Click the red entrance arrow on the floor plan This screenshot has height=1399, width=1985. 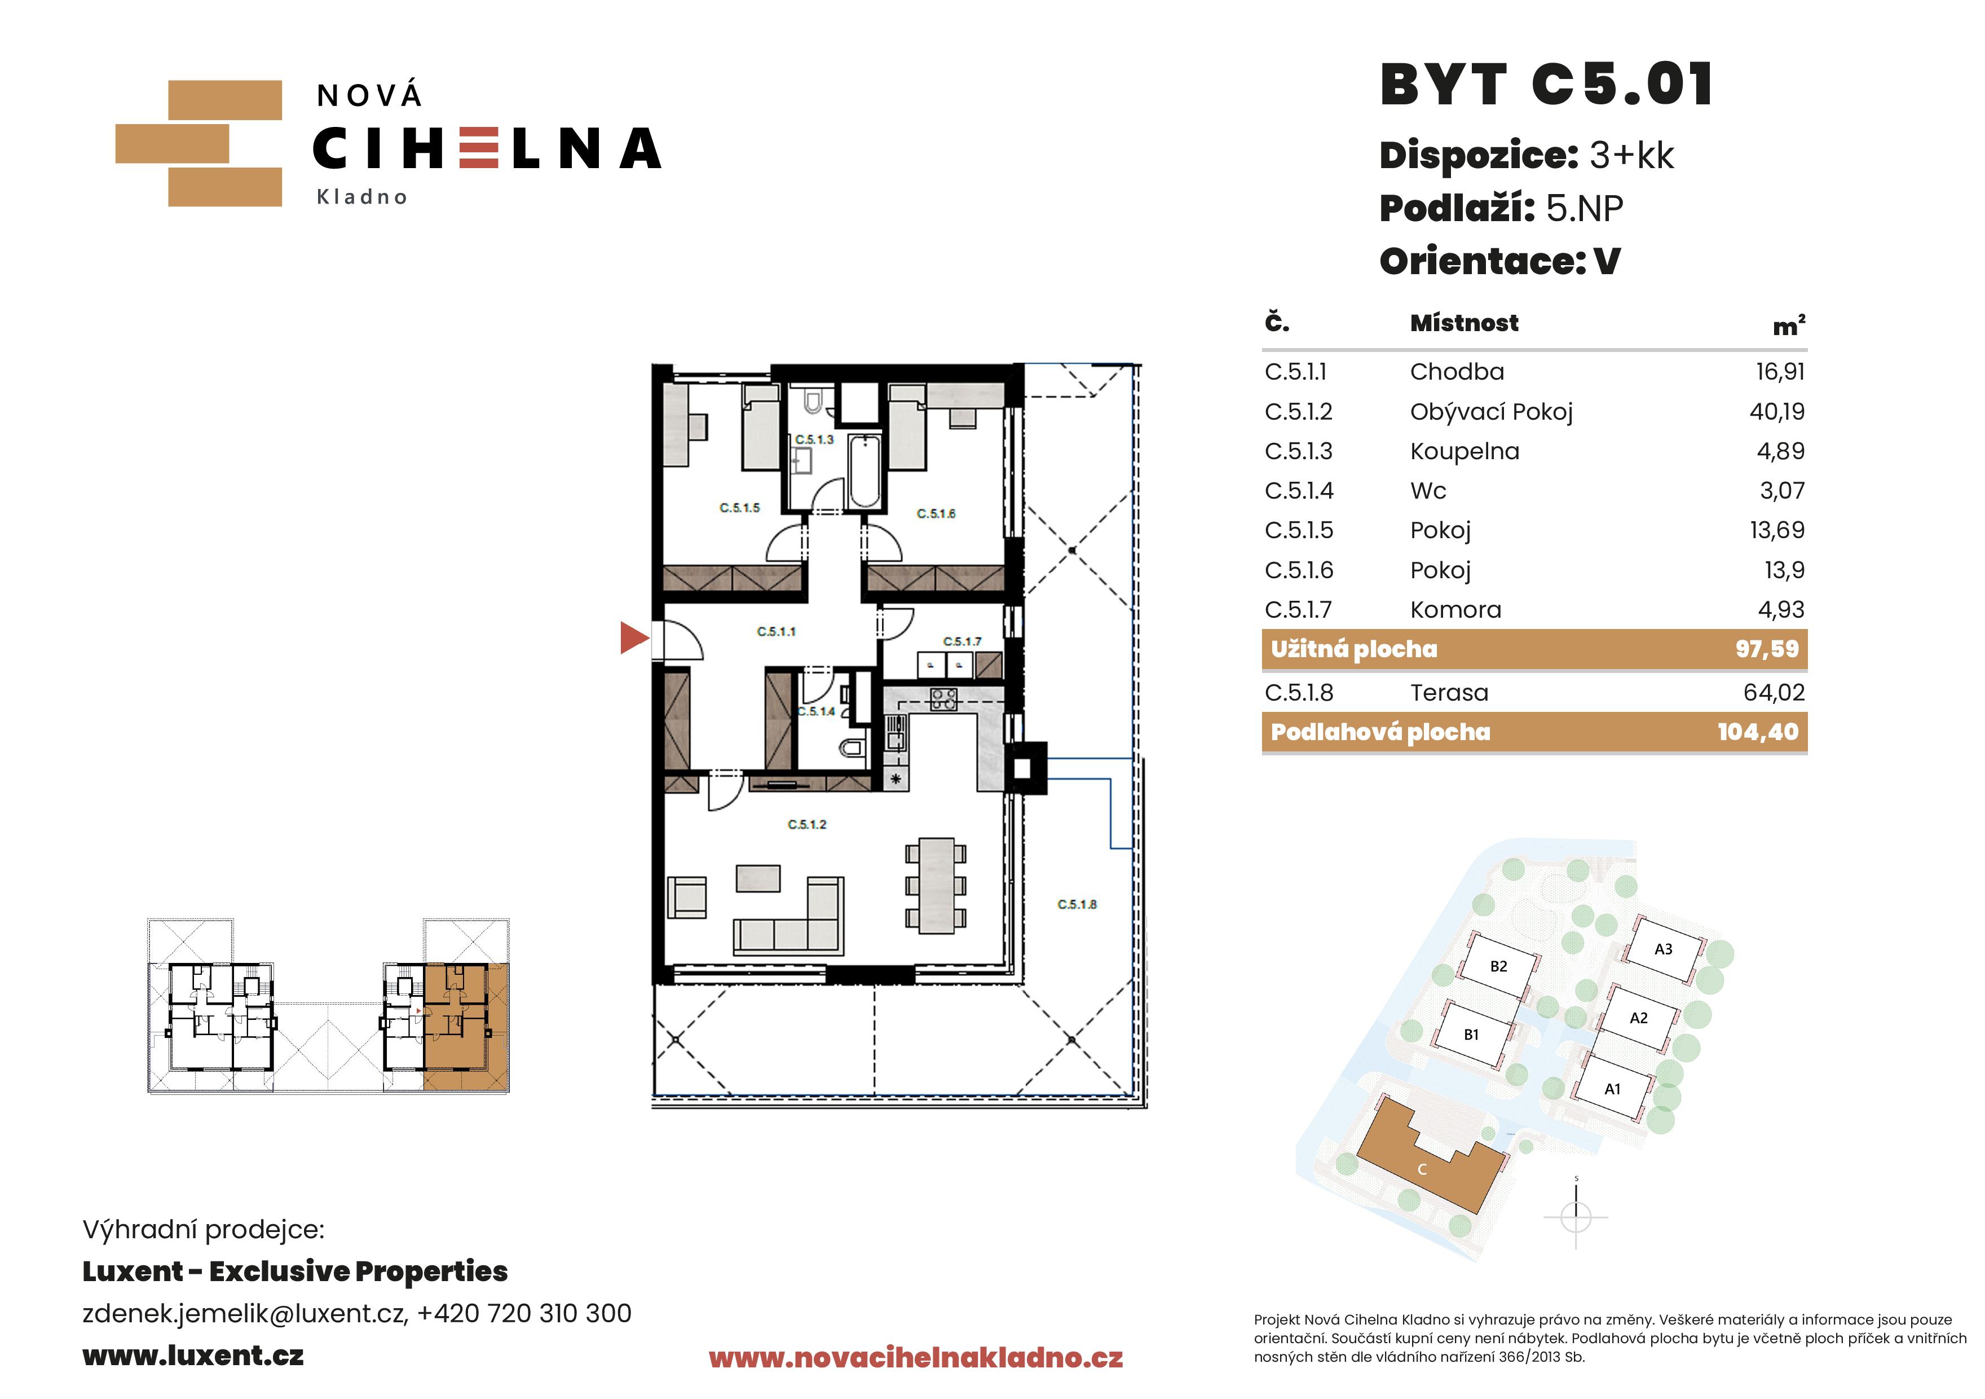(634, 637)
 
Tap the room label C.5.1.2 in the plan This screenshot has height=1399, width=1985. (806, 824)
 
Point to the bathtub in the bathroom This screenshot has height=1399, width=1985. (864, 471)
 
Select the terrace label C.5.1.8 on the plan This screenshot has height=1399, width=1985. (1077, 904)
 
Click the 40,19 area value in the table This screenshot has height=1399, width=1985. (1777, 412)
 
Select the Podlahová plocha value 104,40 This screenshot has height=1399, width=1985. (1758, 732)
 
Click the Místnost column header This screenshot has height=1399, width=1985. (1464, 323)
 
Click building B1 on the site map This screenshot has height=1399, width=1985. (1471, 1035)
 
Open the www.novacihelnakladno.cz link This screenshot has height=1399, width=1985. (916, 1358)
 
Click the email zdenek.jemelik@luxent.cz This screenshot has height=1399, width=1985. (244, 1313)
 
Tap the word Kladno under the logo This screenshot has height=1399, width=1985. (361, 197)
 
